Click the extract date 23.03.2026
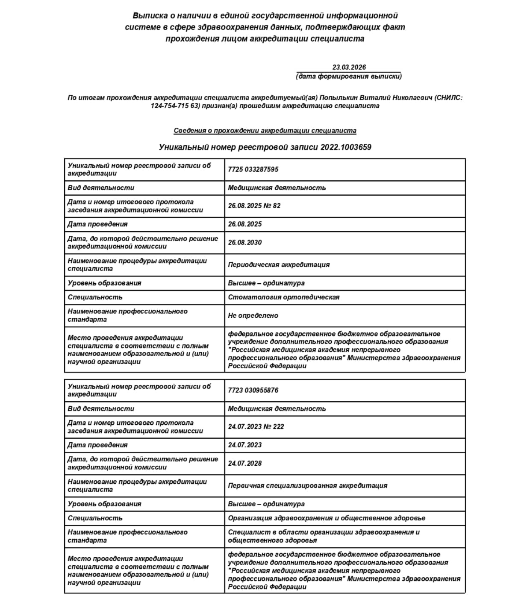pos(349,67)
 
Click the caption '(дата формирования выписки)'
pos(349,76)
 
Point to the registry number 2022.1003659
pos(346,147)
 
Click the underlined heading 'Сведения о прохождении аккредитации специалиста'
pos(265,131)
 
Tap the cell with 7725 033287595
pos(253,169)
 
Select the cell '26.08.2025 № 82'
pos(254,206)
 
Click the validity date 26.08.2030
pos(245,242)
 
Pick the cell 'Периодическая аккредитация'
pos(279,264)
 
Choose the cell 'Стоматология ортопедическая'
pos(283,297)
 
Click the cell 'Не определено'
pos(253,315)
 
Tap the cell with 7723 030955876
pos(253,390)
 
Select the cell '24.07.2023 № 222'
pos(256,426)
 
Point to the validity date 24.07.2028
pos(245,463)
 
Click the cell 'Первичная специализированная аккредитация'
pos(307,485)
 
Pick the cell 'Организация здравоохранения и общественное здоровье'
pos(327,518)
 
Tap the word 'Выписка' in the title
pos(148,16)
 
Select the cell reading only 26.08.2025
pos(245,224)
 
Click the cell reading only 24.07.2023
pos(245,445)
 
